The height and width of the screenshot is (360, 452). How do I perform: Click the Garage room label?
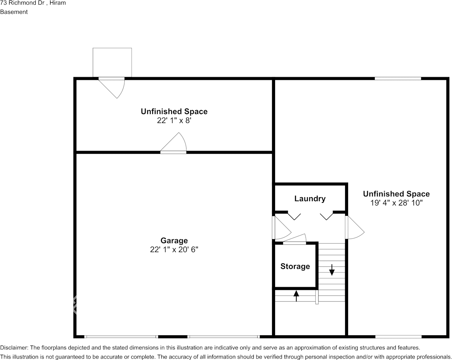pyautogui.click(x=174, y=241)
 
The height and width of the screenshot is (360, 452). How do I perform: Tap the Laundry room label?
pyautogui.click(x=310, y=199)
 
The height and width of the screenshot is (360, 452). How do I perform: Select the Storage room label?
pyautogui.click(x=295, y=266)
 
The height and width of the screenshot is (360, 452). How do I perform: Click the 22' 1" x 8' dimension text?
pyautogui.click(x=174, y=121)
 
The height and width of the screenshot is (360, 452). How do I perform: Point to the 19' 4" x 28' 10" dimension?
pyautogui.click(x=396, y=203)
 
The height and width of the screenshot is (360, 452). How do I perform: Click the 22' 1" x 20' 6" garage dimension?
pyautogui.click(x=174, y=249)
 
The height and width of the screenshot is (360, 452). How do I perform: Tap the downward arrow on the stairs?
pyautogui.click(x=332, y=270)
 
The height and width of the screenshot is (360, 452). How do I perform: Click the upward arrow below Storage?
pyautogui.click(x=296, y=296)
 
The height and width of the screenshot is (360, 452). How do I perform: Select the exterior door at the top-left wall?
pyautogui.click(x=111, y=88)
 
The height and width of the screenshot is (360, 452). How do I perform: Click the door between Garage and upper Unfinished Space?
pyautogui.click(x=173, y=143)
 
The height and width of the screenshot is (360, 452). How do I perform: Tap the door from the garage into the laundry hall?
pyautogui.click(x=282, y=228)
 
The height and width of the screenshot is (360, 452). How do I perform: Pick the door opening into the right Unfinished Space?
pyautogui.click(x=355, y=228)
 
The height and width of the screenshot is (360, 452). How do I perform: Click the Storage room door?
pyautogui.click(x=294, y=239)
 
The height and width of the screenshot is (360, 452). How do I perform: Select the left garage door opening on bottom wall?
pyautogui.click(x=121, y=337)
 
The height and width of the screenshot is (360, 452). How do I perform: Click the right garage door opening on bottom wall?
pyautogui.click(x=223, y=337)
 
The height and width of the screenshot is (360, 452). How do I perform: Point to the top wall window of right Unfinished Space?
pyautogui.click(x=398, y=78)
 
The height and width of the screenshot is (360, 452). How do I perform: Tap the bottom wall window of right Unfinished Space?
pyautogui.click(x=398, y=337)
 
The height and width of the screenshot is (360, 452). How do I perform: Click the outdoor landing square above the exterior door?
pyautogui.click(x=112, y=62)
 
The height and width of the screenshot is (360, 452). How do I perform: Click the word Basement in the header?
pyautogui.click(x=14, y=12)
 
